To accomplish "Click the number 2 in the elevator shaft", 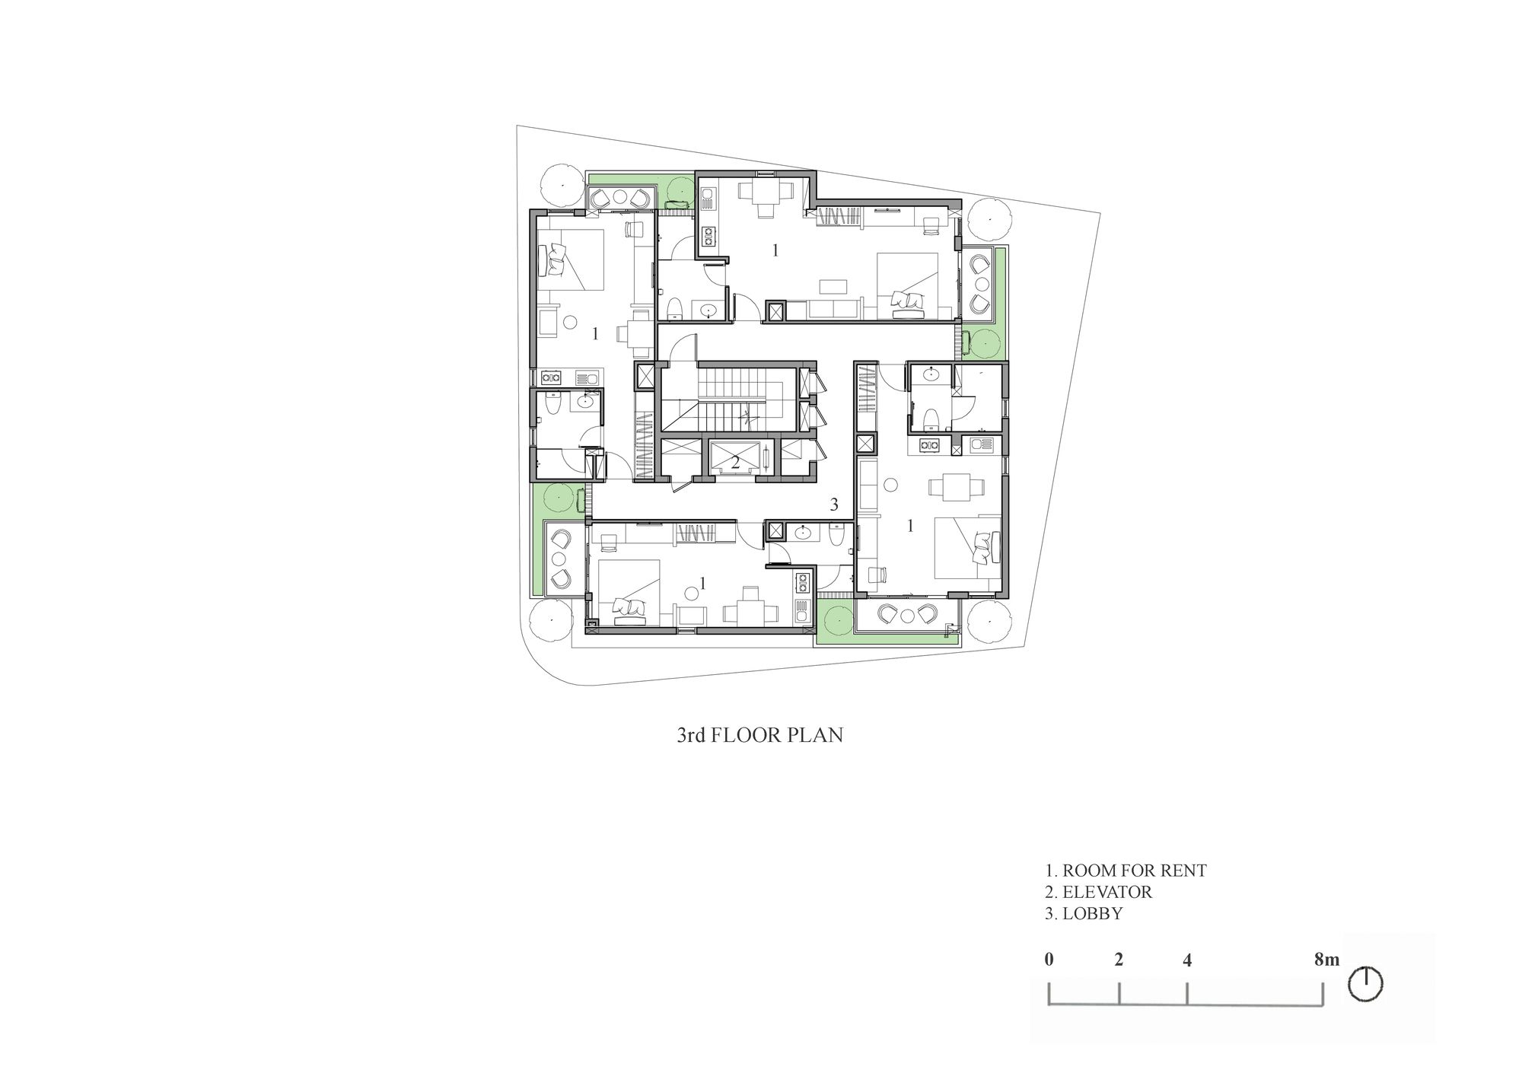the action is click(735, 462).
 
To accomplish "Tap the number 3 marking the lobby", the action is click(834, 504).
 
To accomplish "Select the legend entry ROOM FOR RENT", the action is click(1126, 871).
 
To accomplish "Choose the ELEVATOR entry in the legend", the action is click(1099, 892).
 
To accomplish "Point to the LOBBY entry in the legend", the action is click(1084, 913).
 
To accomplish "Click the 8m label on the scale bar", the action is click(1326, 960).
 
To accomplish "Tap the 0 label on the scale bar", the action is click(1049, 960).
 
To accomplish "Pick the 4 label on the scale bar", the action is click(1187, 960).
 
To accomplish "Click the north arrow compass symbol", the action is click(1365, 984).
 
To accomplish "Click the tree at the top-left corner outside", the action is click(559, 185).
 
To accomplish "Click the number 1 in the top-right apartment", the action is click(775, 250).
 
